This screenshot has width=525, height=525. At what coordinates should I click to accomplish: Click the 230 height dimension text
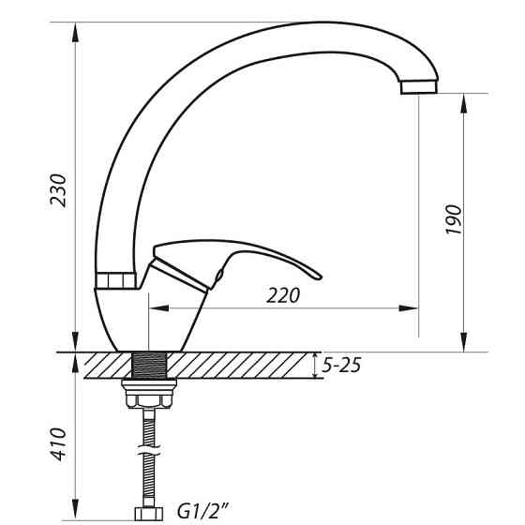(57, 191)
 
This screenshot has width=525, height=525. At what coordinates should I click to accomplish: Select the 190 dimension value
(454, 219)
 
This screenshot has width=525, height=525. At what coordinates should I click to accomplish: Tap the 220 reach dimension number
(283, 295)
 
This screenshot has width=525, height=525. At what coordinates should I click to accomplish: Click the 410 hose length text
(57, 445)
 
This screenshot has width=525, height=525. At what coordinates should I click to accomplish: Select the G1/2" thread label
(203, 512)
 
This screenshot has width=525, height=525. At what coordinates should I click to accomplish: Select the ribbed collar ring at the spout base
(117, 279)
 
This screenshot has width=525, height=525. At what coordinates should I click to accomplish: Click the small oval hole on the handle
(218, 275)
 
